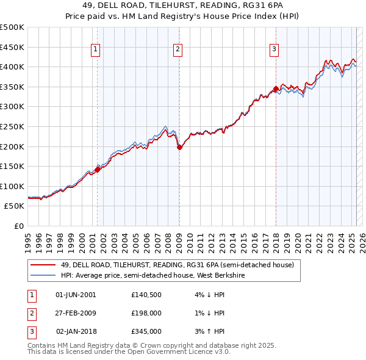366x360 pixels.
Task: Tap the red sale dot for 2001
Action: [97, 170]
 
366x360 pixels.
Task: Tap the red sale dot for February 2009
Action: [179, 147]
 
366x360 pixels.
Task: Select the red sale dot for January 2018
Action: [276, 88]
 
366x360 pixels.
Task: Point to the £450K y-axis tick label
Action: [12, 47]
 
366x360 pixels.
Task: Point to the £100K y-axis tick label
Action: [12, 186]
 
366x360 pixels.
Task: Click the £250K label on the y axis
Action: [12, 126]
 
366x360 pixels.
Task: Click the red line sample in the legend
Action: [43, 265]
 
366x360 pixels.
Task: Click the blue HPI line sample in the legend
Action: [43, 275]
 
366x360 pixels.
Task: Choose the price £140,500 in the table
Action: [146, 294]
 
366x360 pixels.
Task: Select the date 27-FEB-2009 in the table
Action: [76, 313]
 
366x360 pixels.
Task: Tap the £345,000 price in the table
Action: [146, 331]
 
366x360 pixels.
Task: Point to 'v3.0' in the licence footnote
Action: [221, 352]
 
